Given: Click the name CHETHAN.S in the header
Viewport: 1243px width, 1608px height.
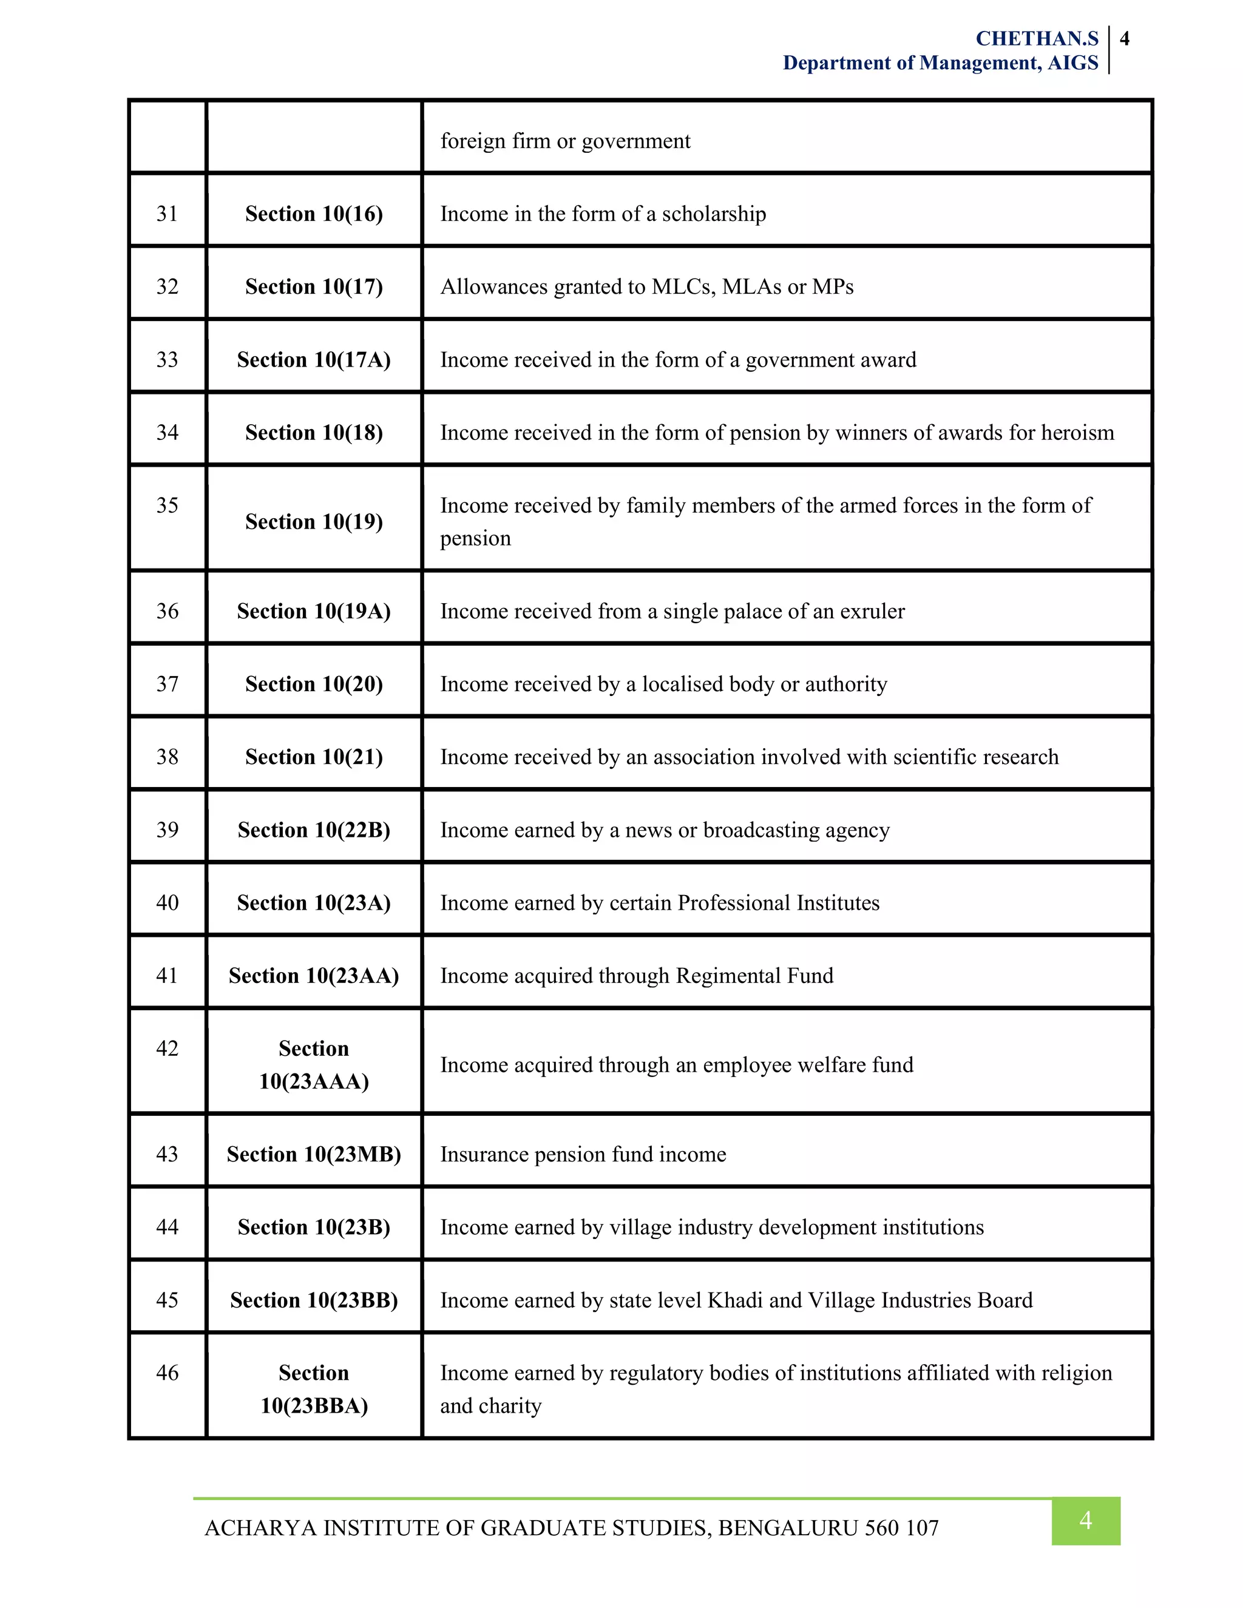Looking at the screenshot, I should pos(1036,38).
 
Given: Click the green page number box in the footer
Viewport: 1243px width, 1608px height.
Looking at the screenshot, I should pos(1085,1521).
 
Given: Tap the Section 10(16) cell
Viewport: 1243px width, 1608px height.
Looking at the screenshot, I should pos(314,214).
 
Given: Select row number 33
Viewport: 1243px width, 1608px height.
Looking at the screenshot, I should pos(167,359).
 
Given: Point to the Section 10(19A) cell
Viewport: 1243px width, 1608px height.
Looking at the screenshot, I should pos(314,611).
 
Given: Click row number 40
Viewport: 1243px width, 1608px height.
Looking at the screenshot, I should pos(167,903).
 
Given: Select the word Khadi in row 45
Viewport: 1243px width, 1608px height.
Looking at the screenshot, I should pos(734,1300).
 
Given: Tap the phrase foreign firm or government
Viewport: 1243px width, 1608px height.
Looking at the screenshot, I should pos(565,141).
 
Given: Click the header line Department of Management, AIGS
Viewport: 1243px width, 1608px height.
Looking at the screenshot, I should pos(940,63).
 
